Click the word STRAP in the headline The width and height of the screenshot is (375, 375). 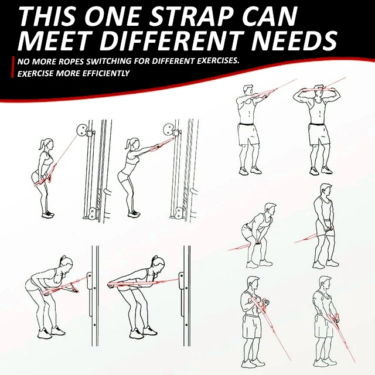pos(192,16)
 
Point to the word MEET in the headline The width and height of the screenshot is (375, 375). pos(56,40)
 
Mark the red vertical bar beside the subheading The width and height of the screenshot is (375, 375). pos(12,67)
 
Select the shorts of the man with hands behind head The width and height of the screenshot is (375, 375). pos(319,135)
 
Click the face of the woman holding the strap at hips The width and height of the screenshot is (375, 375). pos(51,145)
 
